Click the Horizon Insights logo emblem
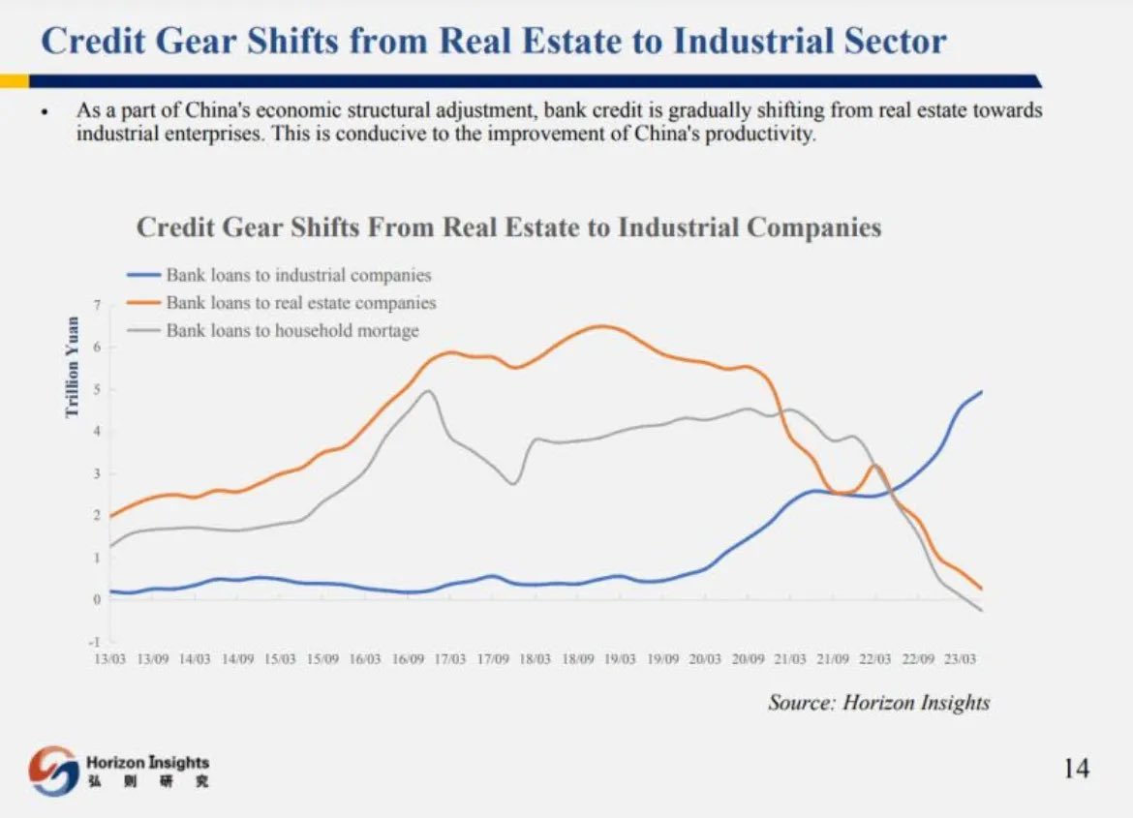pos(53,771)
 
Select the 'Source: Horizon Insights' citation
pos(878,703)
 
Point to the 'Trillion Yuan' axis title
pos(73,368)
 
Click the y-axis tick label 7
pos(97,306)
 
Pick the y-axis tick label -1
pos(96,642)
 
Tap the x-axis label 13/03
pos(109,659)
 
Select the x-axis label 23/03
pos(959,659)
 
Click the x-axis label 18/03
pos(534,659)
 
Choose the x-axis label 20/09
pos(747,659)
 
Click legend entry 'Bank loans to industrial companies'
pos(298,276)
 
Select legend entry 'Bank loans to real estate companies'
pos(300,303)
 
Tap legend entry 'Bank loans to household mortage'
pos(292,331)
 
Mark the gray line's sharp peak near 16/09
pos(429,391)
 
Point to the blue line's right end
pos(982,392)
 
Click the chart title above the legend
pos(508,227)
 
